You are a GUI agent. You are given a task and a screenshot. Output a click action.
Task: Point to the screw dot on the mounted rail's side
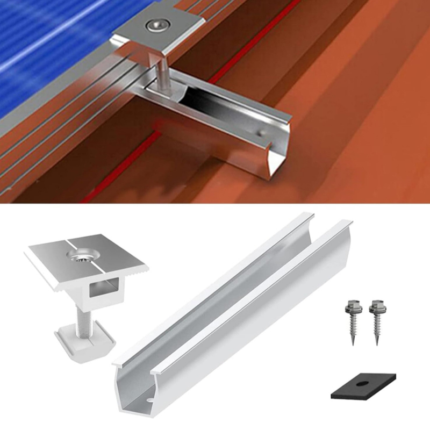(x=260, y=131)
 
